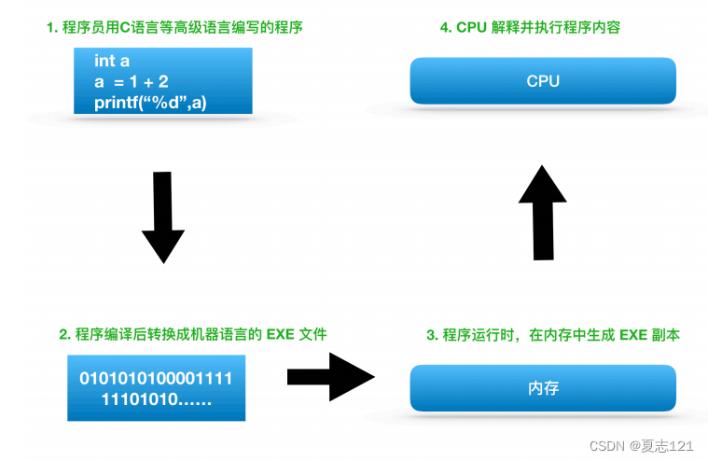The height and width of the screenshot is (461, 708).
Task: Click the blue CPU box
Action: coord(542,81)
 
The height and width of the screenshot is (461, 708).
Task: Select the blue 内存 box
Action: coord(542,387)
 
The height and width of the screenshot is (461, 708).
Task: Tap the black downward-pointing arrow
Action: coord(162,217)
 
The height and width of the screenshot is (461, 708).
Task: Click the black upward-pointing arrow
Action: coord(542,213)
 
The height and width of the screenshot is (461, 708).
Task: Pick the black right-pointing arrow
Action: coord(330,376)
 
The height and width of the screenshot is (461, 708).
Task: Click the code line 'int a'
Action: coord(111,61)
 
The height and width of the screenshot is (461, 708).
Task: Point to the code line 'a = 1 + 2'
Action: coord(131,81)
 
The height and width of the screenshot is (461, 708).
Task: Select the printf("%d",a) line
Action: coord(149,102)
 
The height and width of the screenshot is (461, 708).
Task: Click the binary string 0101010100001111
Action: coord(156,378)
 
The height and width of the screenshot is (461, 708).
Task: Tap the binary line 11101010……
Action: coord(155,400)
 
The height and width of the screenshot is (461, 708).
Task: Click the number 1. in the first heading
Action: coord(52,28)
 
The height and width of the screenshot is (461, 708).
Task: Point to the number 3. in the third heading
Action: coord(432,334)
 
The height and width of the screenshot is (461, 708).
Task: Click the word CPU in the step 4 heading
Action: coord(472,28)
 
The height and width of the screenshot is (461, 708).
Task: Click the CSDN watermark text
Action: coord(608,447)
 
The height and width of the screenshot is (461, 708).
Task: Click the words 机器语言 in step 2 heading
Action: coord(204,334)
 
